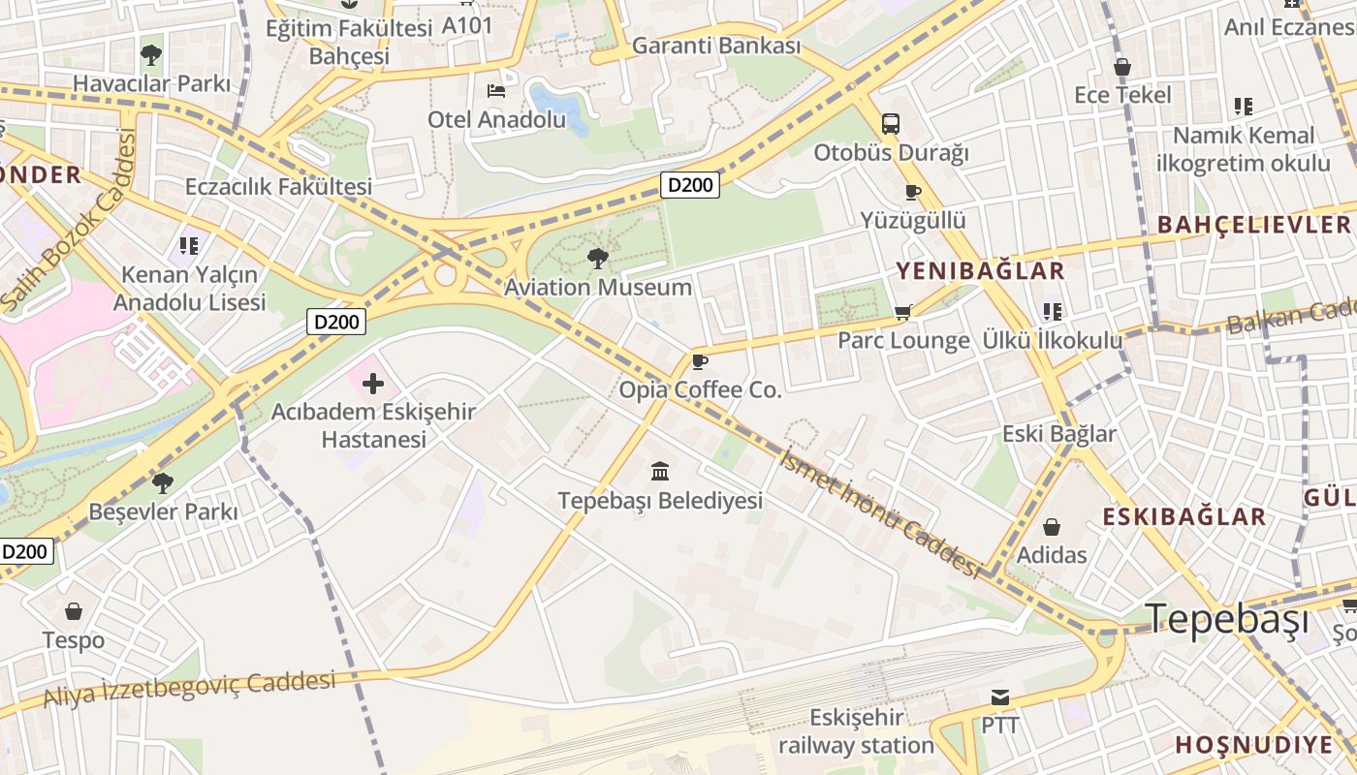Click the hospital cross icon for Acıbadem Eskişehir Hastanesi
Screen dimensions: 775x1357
pyautogui.click(x=373, y=383)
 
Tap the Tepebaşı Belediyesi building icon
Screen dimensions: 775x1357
pyautogui.click(x=660, y=472)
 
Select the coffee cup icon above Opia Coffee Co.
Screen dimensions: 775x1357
pyautogui.click(x=700, y=362)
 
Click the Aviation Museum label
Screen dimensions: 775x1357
pyautogui.click(x=598, y=288)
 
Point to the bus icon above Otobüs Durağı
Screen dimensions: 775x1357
pyautogui.click(x=890, y=124)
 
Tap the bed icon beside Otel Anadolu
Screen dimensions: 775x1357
pyautogui.click(x=495, y=91)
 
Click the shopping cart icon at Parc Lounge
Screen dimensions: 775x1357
pyautogui.click(x=903, y=312)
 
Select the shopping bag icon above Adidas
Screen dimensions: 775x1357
pyautogui.click(x=1051, y=527)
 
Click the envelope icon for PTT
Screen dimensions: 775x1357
pyautogui.click(x=999, y=697)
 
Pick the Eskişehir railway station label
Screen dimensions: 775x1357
pyautogui.click(x=856, y=731)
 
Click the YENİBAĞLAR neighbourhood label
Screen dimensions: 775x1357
pyautogui.click(x=980, y=270)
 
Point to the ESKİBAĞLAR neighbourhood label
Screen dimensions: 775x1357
pyautogui.click(x=1183, y=516)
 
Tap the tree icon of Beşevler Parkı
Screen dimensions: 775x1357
pyautogui.click(x=163, y=482)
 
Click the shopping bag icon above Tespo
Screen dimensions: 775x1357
pyautogui.click(x=74, y=611)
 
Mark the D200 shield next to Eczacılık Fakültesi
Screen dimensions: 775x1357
pyautogui.click(x=690, y=185)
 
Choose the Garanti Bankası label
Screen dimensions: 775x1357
pyautogui.click(x=716, y=46)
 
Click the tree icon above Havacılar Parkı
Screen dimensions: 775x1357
pyautogui.click(x=151, y=54)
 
